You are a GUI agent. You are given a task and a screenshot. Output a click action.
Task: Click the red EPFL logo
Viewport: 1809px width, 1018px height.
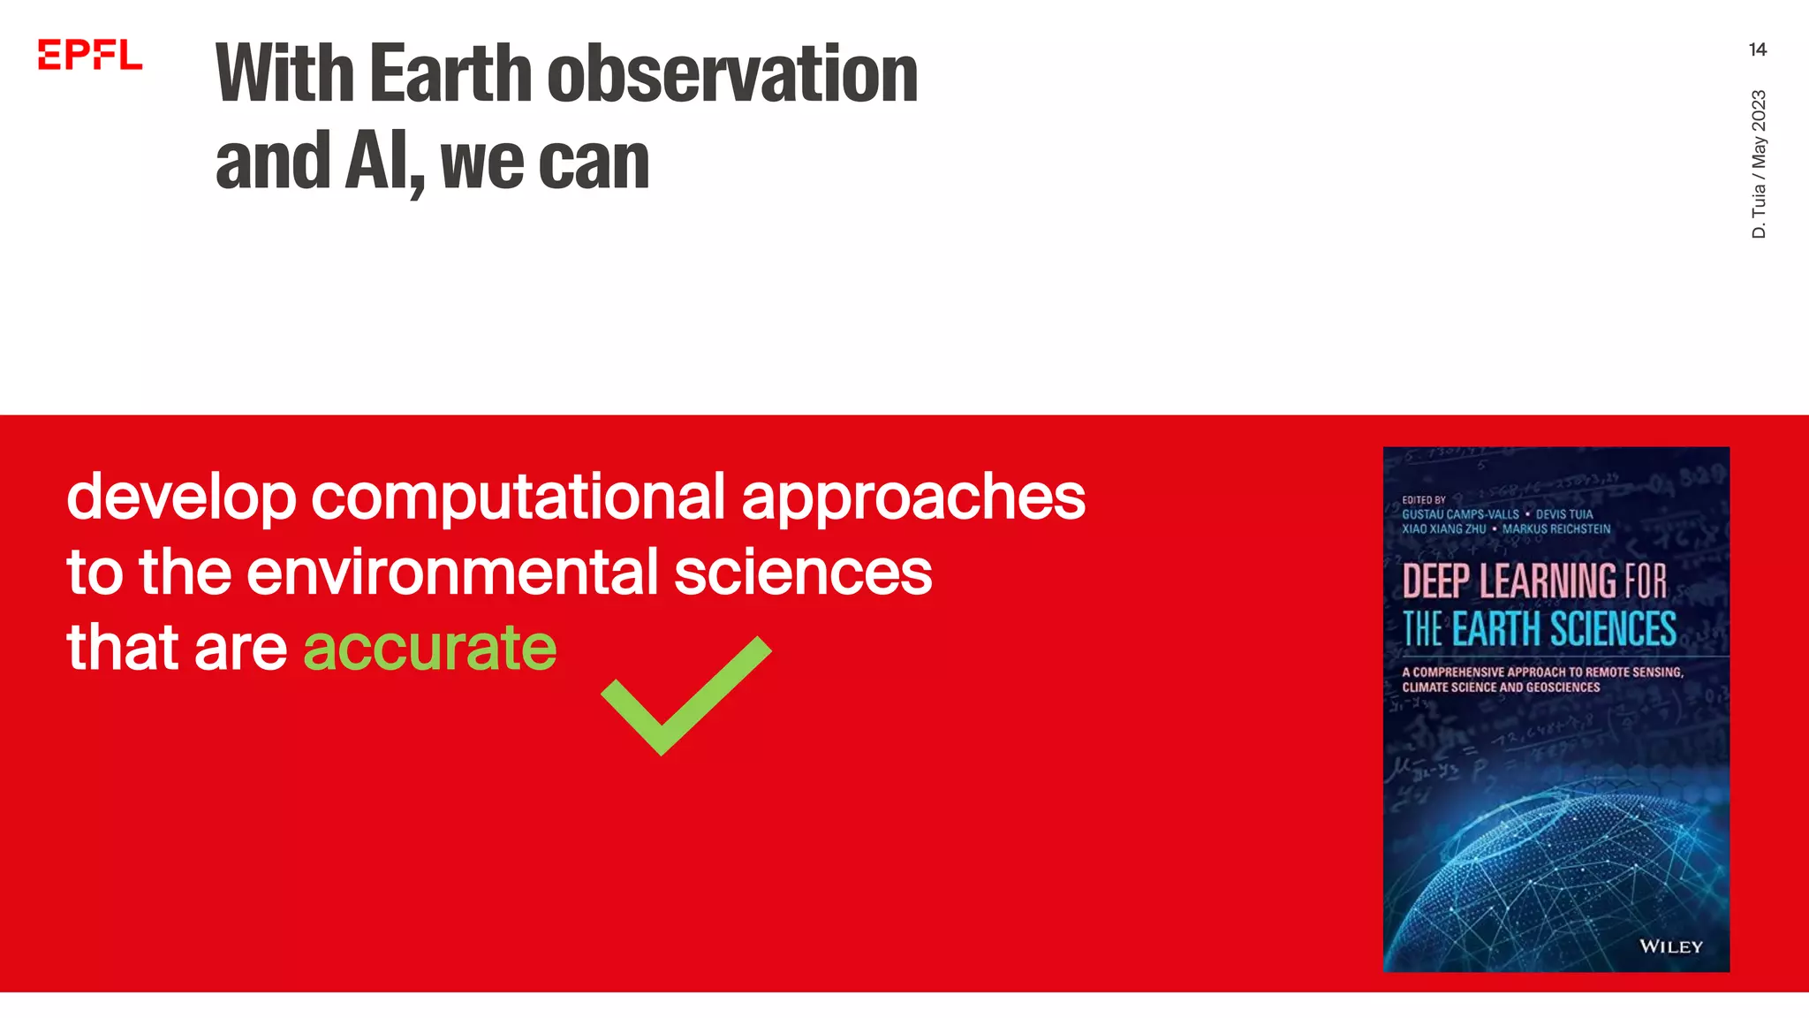pos(89,55)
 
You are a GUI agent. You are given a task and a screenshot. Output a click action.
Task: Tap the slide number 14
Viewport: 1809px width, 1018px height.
pos(1757,49)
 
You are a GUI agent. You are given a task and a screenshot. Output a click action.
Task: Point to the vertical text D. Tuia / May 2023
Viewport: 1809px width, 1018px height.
pos(1759,163)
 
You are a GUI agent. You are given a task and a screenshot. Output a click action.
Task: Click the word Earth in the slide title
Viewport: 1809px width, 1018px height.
pos(450,74)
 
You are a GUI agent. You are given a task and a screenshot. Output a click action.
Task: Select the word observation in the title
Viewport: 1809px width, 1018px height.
pos(732,74)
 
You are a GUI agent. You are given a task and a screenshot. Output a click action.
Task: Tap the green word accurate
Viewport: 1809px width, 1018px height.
pos(430,648)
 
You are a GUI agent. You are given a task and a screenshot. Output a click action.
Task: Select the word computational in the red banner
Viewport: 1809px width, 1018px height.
pos(518,497)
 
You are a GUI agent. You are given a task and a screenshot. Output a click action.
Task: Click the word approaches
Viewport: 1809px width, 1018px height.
pos(913,498)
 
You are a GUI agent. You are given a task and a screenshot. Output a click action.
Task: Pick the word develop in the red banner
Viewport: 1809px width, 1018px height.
pos(181,498)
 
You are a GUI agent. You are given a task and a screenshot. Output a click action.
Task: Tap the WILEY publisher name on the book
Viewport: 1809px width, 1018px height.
pos(1670,946)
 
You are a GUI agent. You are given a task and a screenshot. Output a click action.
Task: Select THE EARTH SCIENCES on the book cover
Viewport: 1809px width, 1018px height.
pos(1540,629)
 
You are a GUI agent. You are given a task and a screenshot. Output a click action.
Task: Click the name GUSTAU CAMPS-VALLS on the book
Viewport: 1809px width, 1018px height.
pos(1460,514)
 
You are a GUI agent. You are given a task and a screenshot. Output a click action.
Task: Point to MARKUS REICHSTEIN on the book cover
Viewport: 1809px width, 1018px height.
pos(1556,529)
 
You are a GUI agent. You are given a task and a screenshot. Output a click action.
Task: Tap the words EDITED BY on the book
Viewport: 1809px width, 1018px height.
pos(1424,499)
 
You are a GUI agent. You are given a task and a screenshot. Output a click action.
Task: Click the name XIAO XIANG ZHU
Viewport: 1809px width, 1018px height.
pos(1443,529)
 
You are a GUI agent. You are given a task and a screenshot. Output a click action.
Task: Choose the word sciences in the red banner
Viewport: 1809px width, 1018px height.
pos(802,572)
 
